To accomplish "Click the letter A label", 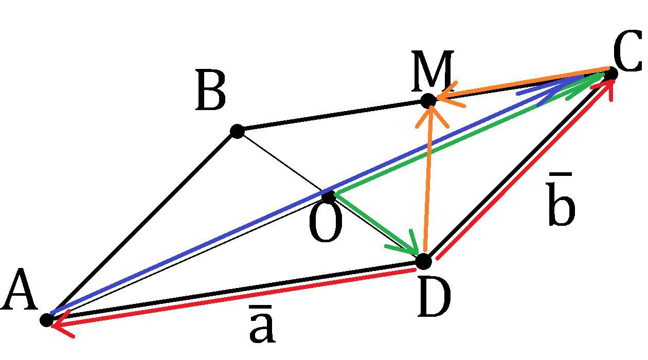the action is pyautogui.click(x=20, y=292).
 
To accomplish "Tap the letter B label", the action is pyautogui.click(x=210, y=92).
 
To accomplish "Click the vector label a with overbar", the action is pyautogui.click(x=262, y=326).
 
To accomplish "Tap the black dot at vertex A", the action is pyautogui.click(x=47, y=320).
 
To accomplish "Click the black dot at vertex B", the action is pyautogui.click(x=237, y=131).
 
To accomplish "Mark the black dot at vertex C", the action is pyautogui.click(x=610, y=74).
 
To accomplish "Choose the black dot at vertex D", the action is pyautogui.click(x=423, y=261).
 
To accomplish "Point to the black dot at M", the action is pyautogui.click(x=428, y=101).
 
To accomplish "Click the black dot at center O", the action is pyautogui.click(x=329, y=196).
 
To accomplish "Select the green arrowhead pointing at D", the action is pyautogui.click(x=409, y=246).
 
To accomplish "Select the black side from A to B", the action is pyautogui.click(x=141, y=226).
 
